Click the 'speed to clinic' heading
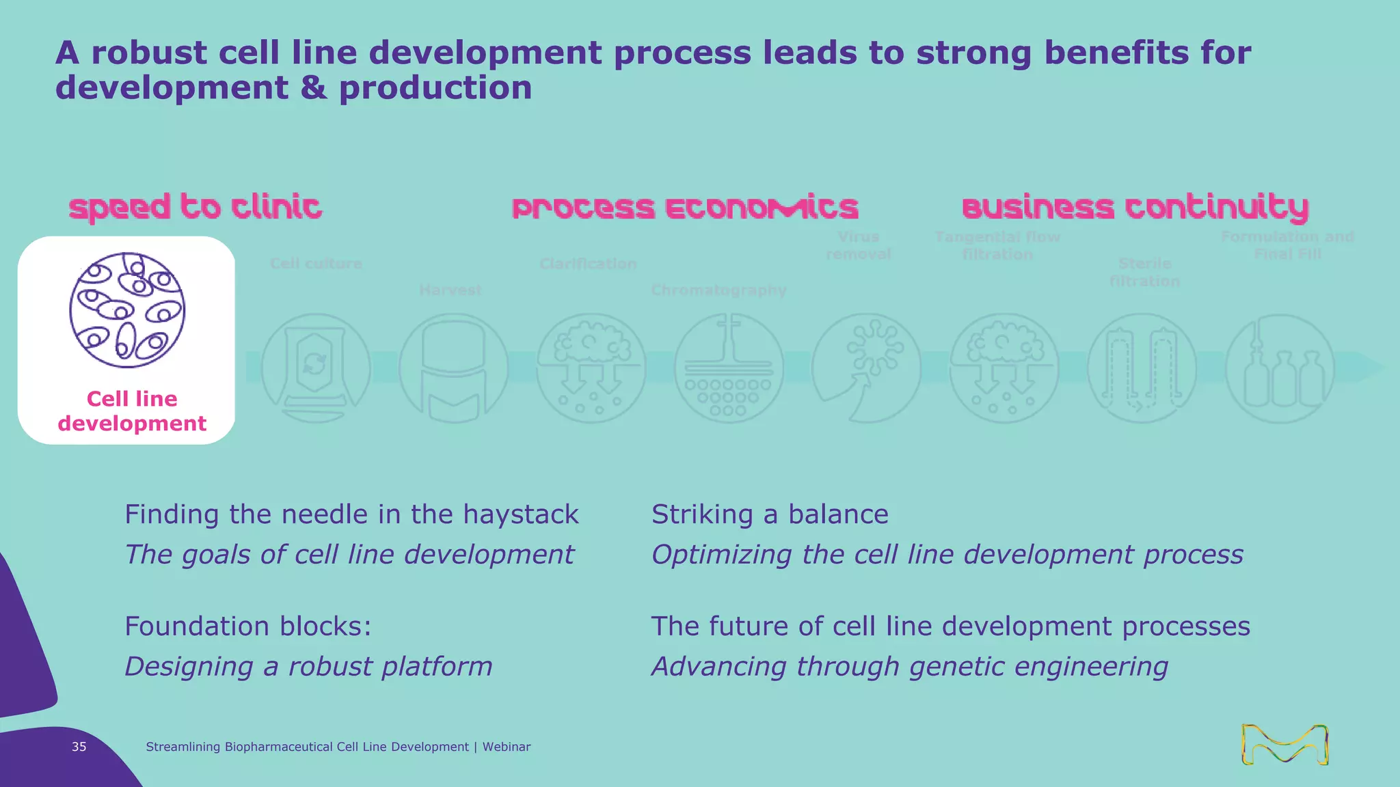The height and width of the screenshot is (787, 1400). click(x=195, y=207)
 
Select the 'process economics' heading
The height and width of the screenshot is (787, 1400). click(x=685, y=207)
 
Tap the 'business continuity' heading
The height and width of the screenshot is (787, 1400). click(x=1135, y=207)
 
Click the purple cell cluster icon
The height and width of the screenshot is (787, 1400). click(x=127, y=309)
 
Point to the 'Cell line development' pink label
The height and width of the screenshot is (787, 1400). click(x=132, y=411)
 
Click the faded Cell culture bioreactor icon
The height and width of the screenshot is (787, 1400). click(x=316, y=368)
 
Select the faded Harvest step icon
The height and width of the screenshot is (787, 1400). click(x=453, y=368)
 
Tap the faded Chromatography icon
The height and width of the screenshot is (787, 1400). click(x=729, y=368)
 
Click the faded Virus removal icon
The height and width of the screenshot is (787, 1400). click(x=866, y=368)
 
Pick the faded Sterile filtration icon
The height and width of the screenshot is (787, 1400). click(x=1142, y=368)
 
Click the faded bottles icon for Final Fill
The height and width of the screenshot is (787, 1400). click(x=1280, y=368)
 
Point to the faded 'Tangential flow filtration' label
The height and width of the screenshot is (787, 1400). click(x=997, y=245)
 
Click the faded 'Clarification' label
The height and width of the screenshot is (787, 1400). click(x=588, y=264)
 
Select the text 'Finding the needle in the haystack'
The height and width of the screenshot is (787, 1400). click(x=351, y=514)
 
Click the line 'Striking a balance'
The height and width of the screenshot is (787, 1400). click(x=770, y=514)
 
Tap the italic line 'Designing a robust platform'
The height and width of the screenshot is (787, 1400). click(x=308, y=666)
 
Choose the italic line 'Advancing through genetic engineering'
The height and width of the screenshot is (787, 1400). click(x=910, y=666)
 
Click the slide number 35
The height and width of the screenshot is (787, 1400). click(x=79, y=747)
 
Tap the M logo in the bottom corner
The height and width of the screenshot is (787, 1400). click(x=1284, y=744)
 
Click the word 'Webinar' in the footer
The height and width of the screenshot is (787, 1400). click(x=507, y=747)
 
